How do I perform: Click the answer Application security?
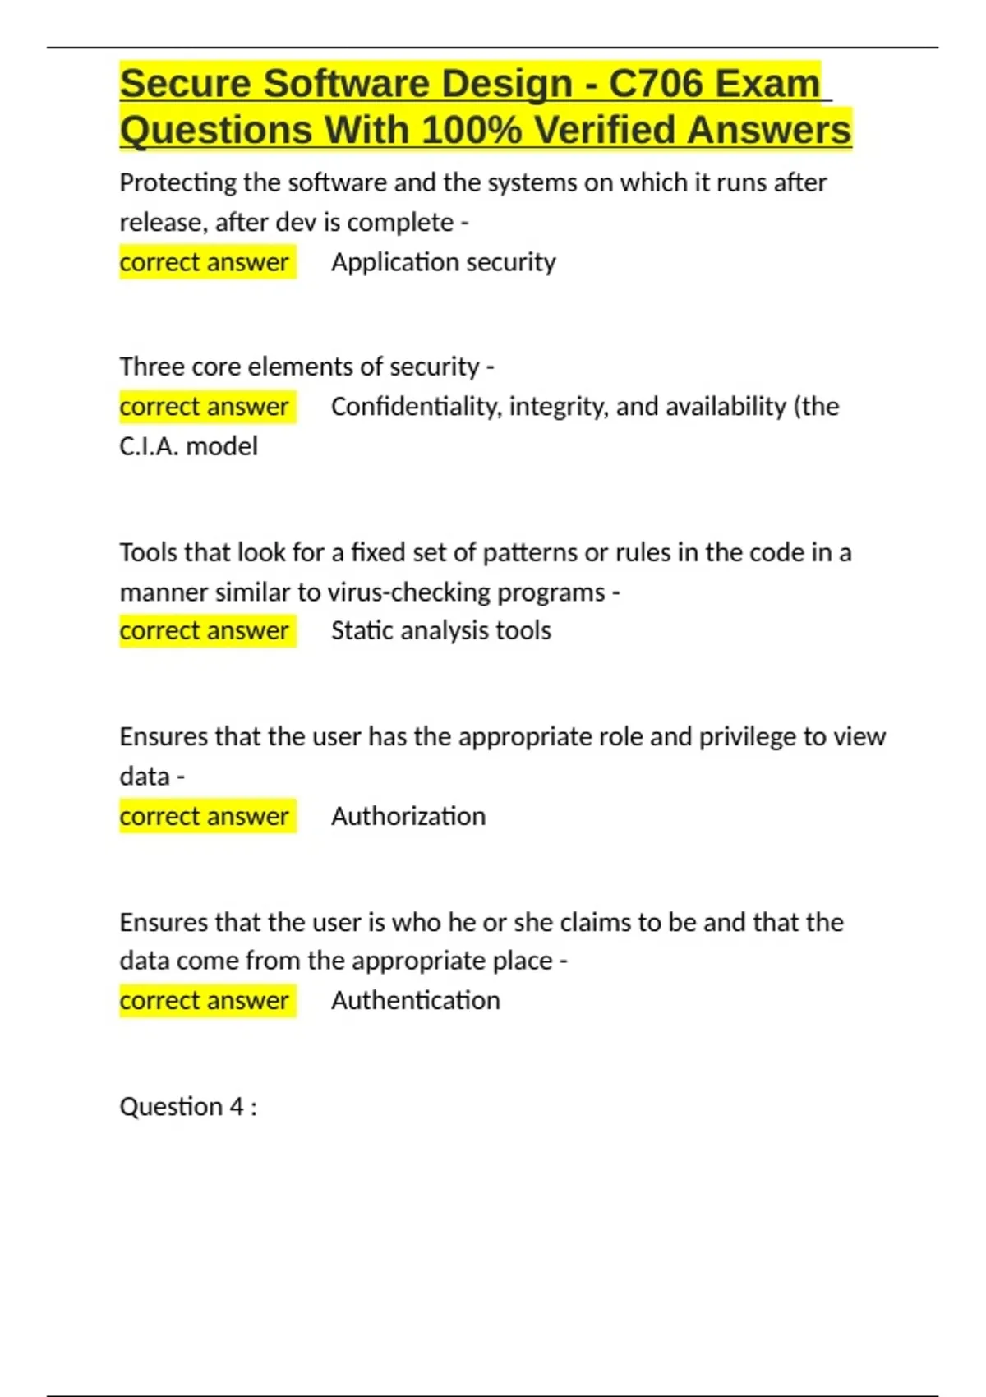(444, 262)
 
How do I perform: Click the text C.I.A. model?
(188, 446)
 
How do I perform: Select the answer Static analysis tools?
(441, 631)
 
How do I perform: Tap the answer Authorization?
(408, 816)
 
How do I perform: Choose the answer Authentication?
(416, 1001)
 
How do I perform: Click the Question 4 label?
(188, 1107)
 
